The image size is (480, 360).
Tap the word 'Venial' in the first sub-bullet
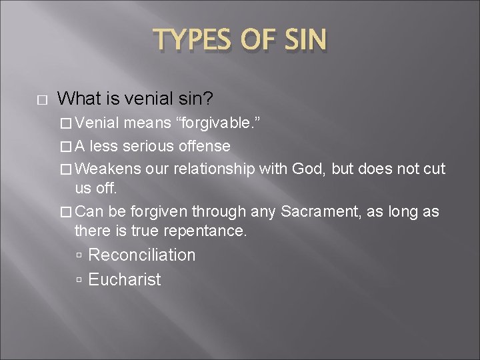[98, 123]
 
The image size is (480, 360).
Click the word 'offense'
[205, 145]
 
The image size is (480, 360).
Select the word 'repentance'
[207, 231]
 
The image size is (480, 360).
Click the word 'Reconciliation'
[141, 255]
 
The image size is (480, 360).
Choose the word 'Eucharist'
[124, 279]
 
